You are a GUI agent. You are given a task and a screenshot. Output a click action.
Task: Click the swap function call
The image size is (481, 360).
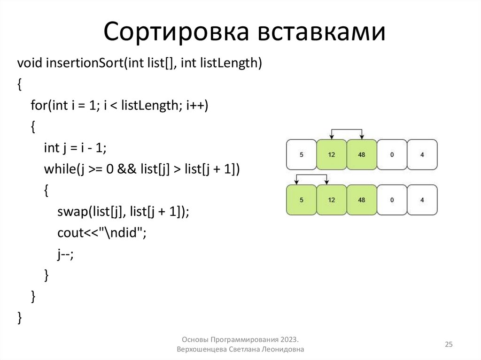point(70,212)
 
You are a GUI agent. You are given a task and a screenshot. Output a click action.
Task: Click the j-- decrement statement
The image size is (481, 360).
point(66,254)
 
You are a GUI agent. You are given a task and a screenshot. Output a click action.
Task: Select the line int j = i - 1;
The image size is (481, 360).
point(76,148)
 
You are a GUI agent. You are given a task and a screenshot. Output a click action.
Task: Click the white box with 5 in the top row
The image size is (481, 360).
point(301,154)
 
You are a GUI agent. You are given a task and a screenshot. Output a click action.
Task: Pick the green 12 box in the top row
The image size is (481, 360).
point(332,154)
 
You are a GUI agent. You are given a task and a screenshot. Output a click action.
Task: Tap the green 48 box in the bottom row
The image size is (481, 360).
point(361,200)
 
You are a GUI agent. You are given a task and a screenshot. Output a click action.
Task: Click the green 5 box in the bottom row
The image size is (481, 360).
point(301,200)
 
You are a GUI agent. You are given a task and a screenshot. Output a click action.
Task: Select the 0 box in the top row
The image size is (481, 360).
point(392,154)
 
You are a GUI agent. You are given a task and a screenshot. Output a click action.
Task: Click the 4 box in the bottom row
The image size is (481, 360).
point(422,200)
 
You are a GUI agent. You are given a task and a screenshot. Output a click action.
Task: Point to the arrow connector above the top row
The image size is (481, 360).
point(347,130)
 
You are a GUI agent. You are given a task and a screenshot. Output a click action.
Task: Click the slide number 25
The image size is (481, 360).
point(449,345)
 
